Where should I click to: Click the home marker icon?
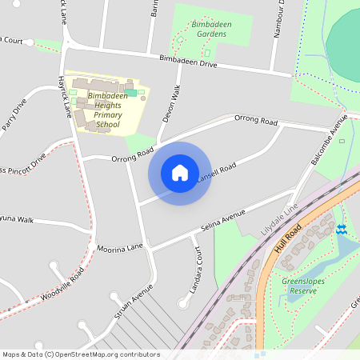pyautogui.click(x=180, y=173)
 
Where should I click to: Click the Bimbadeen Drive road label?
pyautogui.click(x=188, y=61)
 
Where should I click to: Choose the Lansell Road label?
pyautogui.click(x=216, y=172)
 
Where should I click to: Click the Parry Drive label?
pyautogui.click(x=14, y=115)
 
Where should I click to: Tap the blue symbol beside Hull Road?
pyautogui.click(x=342, y=230)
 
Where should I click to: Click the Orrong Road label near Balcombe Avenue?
pyautogui.click(x=255, y=121)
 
